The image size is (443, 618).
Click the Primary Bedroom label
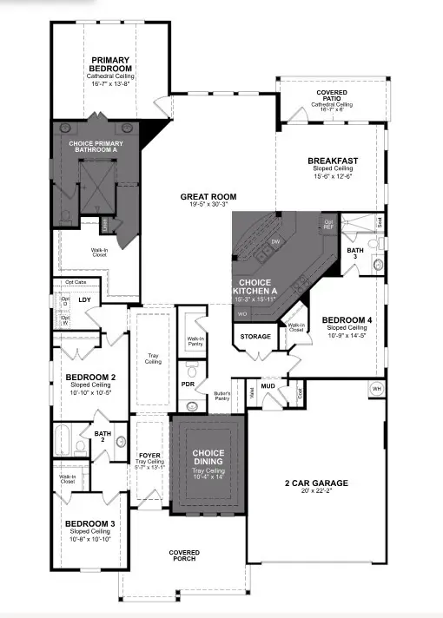point(110,64)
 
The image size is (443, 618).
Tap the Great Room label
point(203,197)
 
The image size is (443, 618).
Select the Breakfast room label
point(328,161)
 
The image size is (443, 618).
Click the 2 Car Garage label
point(316,483)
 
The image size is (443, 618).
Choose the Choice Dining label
point(208,457)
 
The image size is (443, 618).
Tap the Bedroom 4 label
point(347,320)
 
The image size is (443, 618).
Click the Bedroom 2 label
point(90,377)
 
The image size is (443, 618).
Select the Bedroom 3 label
point(89,524)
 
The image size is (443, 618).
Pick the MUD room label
point(268,385)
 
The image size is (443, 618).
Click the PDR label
point(187,384)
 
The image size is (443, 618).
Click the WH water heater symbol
point(376,388)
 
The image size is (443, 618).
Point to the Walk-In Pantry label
point(195,341)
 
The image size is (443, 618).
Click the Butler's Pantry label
point(222,397)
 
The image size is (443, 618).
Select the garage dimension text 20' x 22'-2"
point(316,492)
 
